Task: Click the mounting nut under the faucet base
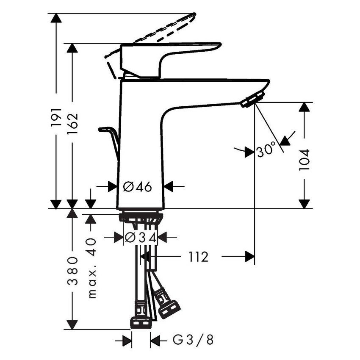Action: coord(141,218)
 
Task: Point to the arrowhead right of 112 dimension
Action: coord(249,256)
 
